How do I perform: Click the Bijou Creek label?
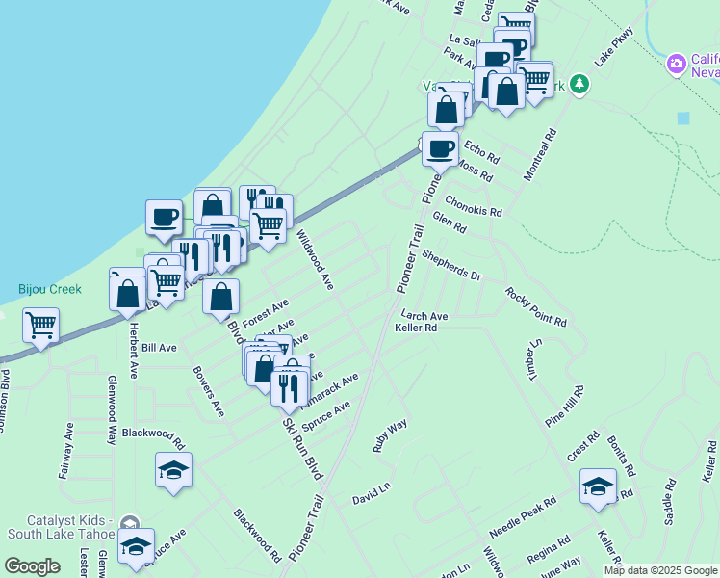coord(50,289)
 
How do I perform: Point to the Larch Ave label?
coord(424,315)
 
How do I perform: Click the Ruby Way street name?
coord(391,435)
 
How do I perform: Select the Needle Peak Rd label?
coord(523,516)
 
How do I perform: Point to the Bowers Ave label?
coord(208,390)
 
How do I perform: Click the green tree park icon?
coord(579,84)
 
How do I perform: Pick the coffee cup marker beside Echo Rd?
coord(440,149)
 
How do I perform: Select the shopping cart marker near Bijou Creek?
coord(40,326)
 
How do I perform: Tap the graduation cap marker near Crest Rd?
coord(598,486)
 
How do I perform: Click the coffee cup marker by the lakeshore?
coord(164,217)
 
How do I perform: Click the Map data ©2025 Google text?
coord(660,570)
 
